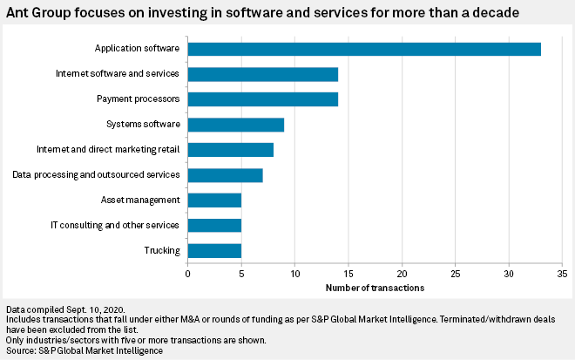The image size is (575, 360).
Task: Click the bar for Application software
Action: tap(364, 49)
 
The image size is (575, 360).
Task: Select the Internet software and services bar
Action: tap(262, 74)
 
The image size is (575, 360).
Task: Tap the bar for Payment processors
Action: tap(262, 99)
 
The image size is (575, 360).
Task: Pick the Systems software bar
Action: tap(235, 125)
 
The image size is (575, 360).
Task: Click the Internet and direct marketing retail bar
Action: tap(230, 150)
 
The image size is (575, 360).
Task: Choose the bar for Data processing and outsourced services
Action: tap(225, 175)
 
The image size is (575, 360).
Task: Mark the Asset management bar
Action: tap(214, 200)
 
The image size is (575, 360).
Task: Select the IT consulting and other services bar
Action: tap(214, 226)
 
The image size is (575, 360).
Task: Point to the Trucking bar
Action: tap(214, 251)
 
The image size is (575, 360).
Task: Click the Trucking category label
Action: tap(162, 251)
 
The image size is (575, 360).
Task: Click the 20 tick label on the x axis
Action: tap(402, 275)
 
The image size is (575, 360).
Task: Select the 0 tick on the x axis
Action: tap(187, 275)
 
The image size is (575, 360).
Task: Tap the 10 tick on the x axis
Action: tap(294, 275)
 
